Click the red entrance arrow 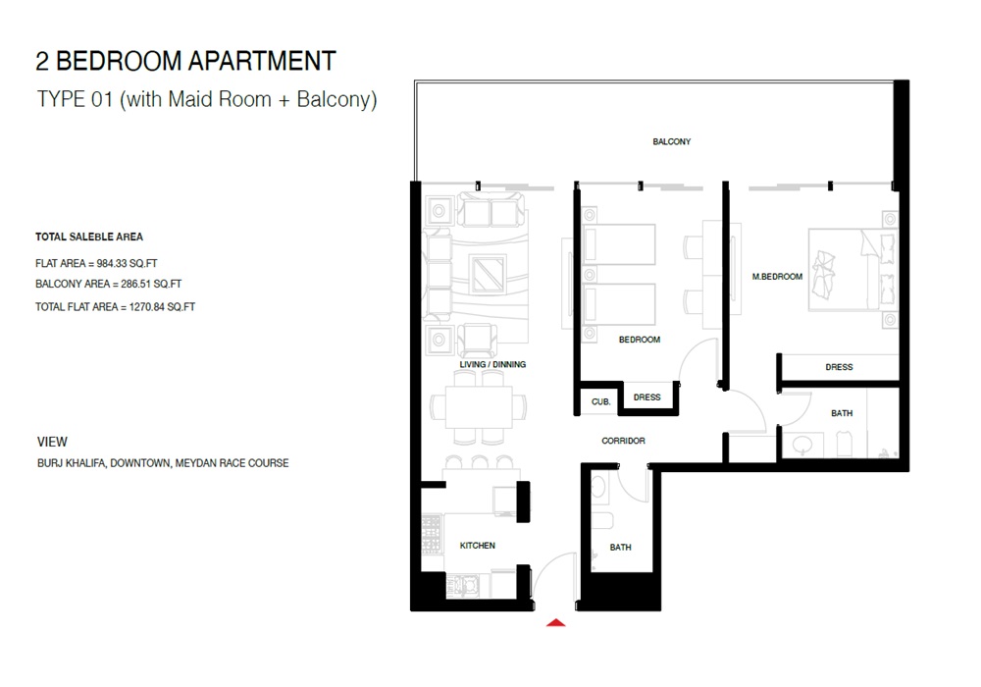[x=556, y=621]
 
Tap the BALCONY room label [x=672, y=142]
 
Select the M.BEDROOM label [x=777, y=277]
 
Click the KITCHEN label [x=478, y=546]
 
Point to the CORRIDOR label [x=623, y=442]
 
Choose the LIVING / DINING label [x=492, y=365]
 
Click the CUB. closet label [x=600, y=402]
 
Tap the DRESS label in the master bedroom [x=839, y=367]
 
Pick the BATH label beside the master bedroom [x=842, y=413]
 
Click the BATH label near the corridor [x=620, y=548]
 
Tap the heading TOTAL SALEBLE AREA [x=89, y=238]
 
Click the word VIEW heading [x=51, y=443]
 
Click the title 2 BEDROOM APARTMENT [x=185, y=61]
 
